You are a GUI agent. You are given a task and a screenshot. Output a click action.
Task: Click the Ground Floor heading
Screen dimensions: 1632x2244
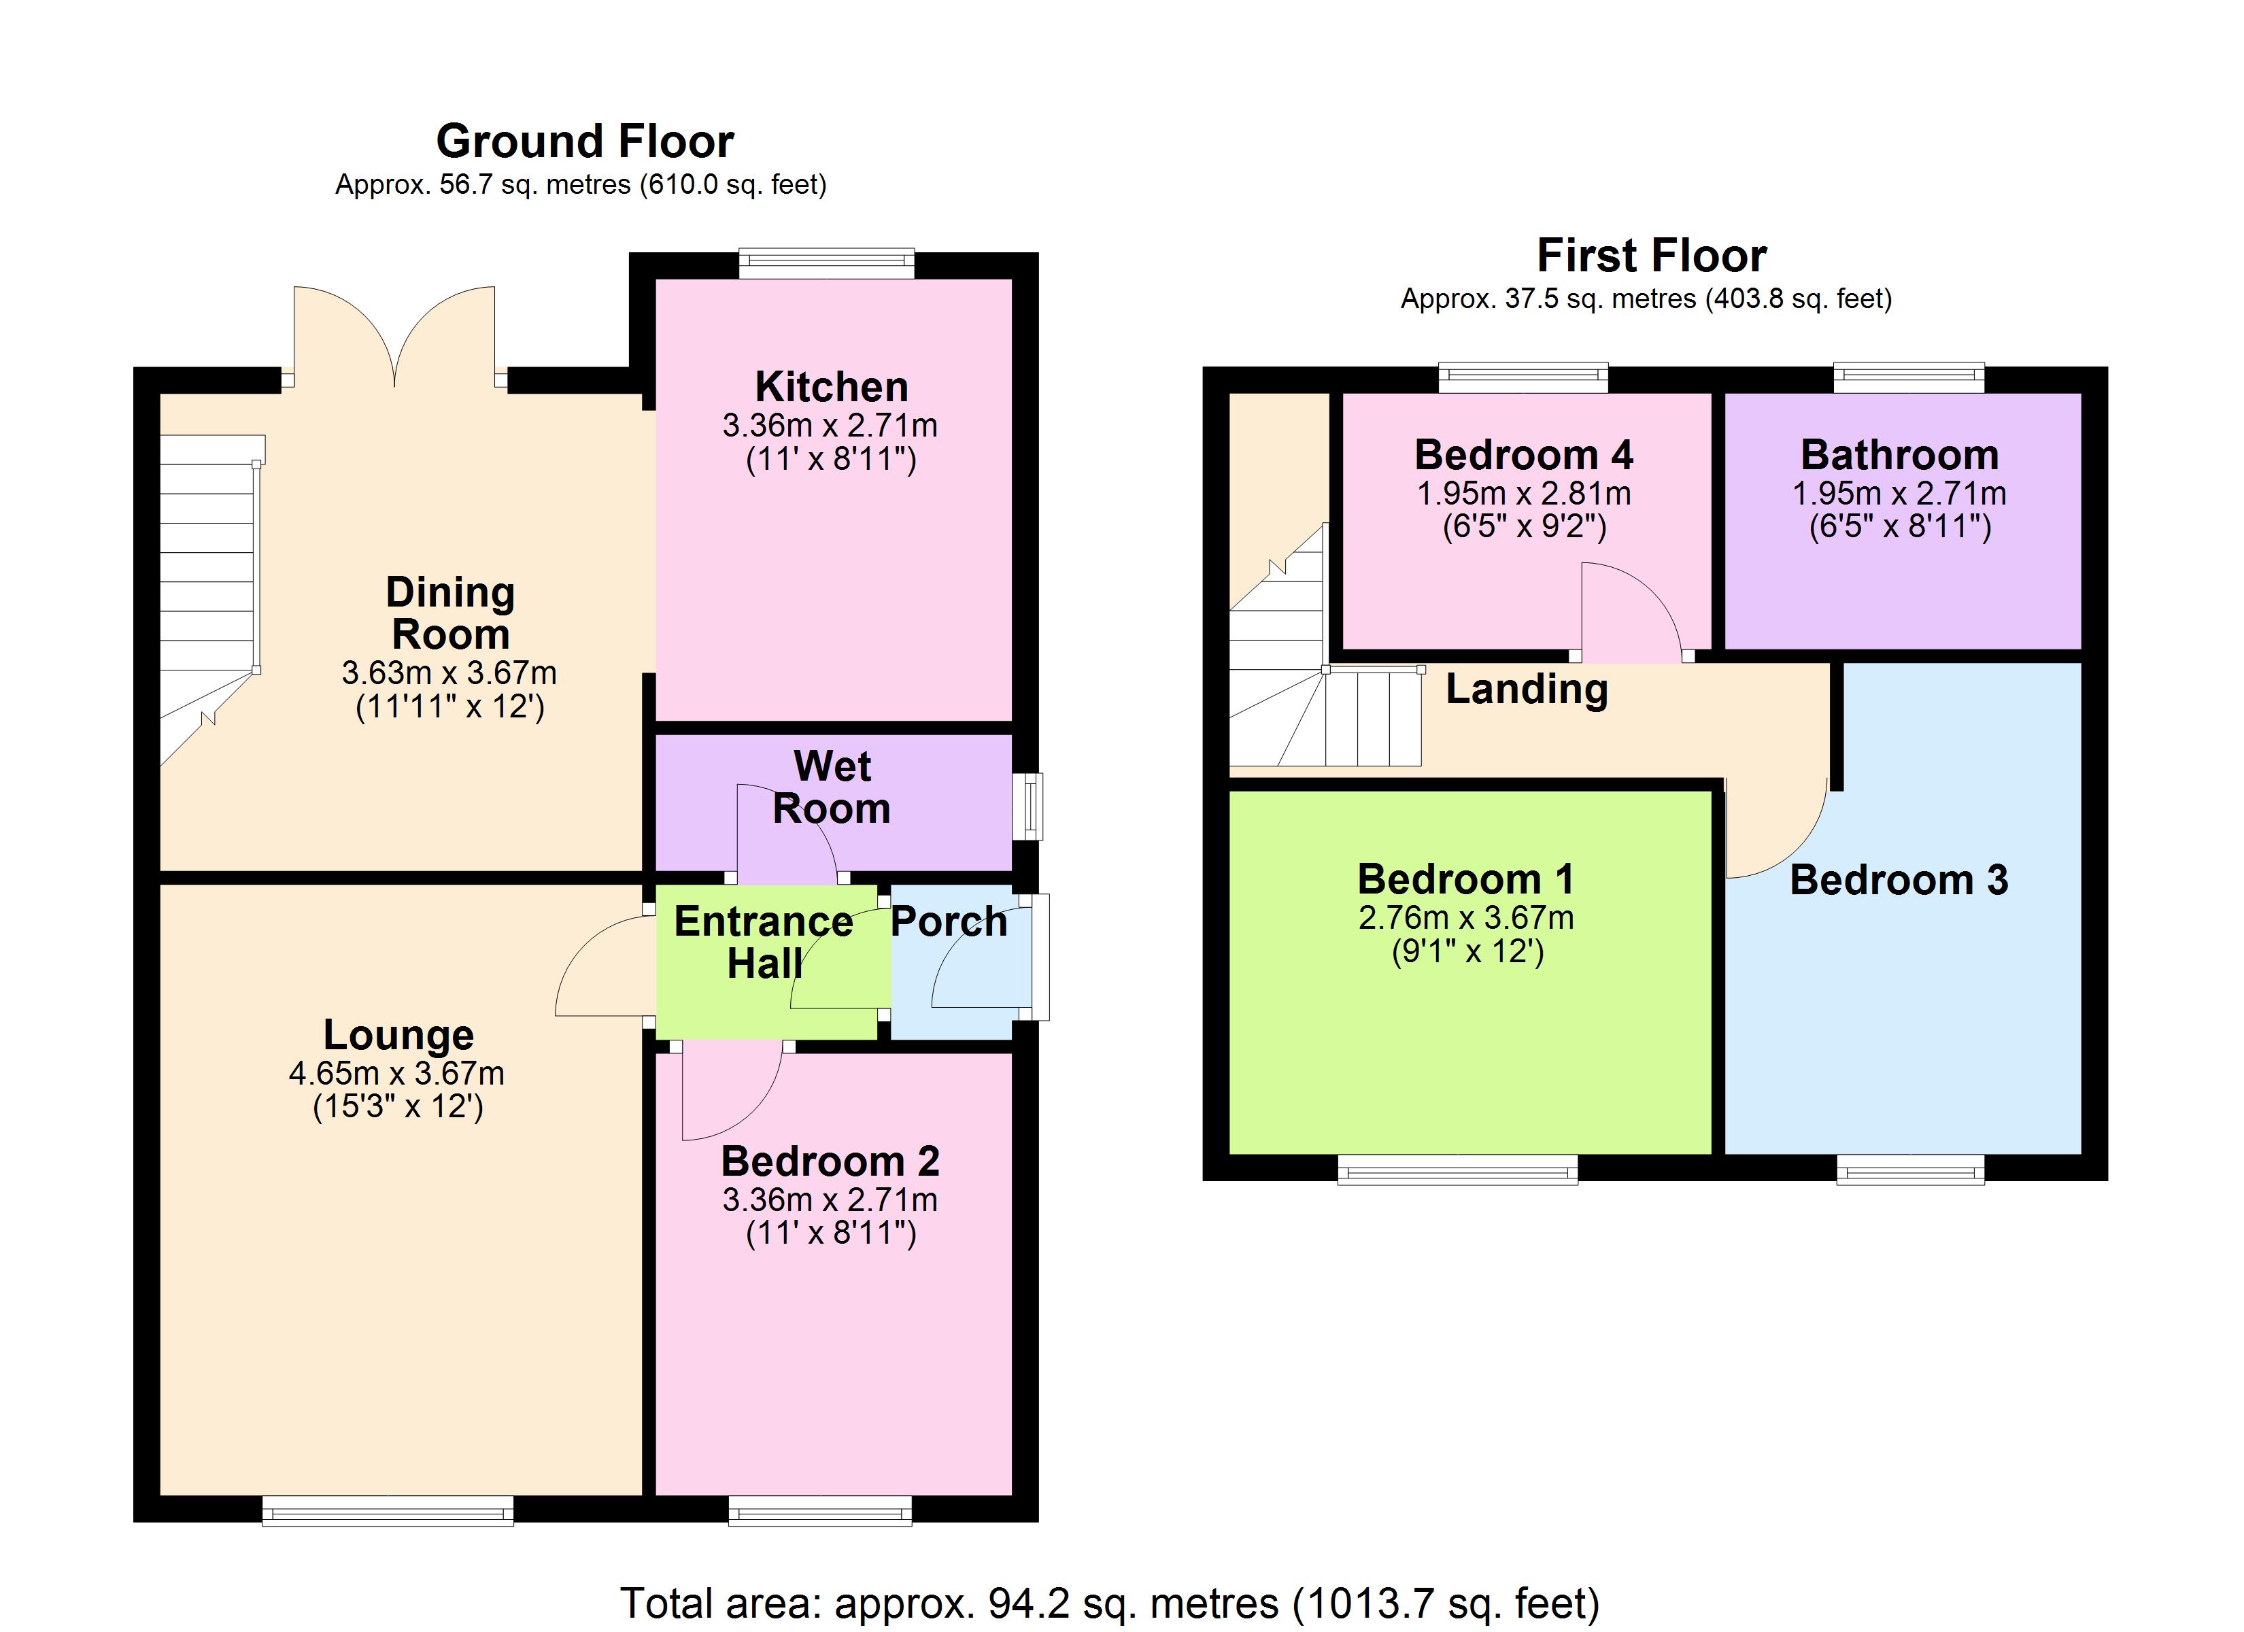[585, 141]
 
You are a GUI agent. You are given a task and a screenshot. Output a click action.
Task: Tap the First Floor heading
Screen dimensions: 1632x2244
[1651, 256]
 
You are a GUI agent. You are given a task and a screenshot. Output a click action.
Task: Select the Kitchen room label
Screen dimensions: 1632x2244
[831, 387]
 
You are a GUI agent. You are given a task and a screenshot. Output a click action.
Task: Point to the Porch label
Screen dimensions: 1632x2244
[949, 921]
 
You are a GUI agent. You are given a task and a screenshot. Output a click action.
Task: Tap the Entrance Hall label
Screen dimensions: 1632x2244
[764, 942]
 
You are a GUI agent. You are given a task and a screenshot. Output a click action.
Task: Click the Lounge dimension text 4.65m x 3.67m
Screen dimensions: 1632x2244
[396, 1073]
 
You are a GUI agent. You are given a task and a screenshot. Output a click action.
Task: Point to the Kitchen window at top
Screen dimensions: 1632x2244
[826, 262]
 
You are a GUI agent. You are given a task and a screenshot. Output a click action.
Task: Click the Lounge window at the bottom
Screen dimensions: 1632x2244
[388, 1511]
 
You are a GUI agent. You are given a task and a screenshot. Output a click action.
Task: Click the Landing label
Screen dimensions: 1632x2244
[1527, 689]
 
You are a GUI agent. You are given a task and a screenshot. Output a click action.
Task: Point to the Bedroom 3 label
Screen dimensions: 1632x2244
[1899, 880]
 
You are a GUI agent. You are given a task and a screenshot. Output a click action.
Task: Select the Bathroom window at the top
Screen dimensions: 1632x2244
[1909, 377]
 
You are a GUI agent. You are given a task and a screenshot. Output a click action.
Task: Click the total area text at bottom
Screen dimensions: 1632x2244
[1109, 1602]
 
